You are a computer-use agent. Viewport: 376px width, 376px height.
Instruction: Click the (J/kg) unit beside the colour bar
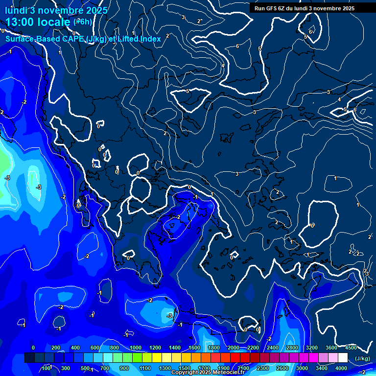(x=362, y=358)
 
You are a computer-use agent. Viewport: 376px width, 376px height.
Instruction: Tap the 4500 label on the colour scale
(x=351, y=348)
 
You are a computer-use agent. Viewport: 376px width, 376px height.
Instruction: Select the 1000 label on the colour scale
(x=135, y=348)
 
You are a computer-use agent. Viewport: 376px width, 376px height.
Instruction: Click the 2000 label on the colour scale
(x=234, y=348)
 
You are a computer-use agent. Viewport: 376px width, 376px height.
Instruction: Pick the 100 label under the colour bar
(x=46, y=368)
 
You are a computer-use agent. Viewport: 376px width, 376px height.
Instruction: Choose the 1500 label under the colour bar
(x=184, y=368)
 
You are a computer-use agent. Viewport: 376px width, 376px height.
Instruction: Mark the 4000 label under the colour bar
(x=341, y=368)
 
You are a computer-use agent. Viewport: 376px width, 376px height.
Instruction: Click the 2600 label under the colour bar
(x=282, y=368)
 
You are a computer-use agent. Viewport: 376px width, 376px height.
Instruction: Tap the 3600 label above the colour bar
(x=331, y=348)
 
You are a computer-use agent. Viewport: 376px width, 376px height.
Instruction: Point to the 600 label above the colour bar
(x=95, y=348)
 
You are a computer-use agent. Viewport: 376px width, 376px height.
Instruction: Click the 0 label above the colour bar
(x=33, y=348)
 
